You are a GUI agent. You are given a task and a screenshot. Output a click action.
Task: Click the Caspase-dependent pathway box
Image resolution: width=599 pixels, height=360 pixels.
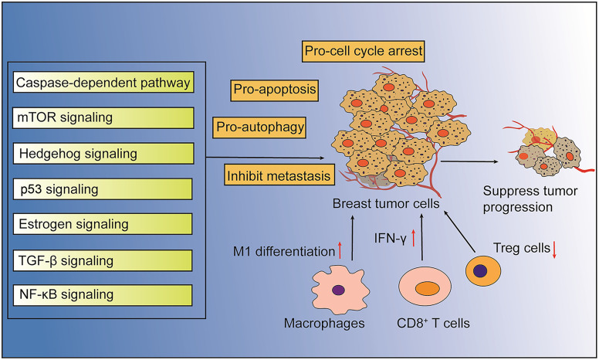click(x=103, y=81)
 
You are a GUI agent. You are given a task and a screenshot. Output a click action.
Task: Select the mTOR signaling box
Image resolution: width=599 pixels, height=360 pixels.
click(x=103, y=117)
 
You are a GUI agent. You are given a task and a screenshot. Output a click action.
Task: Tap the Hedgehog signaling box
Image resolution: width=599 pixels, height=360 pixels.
click(x=103, y=153)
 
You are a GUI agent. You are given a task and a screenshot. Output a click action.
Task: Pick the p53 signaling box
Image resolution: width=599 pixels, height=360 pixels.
click(x=103, y=188)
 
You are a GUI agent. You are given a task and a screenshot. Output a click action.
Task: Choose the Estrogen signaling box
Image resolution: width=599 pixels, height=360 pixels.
click(x=103, y=224)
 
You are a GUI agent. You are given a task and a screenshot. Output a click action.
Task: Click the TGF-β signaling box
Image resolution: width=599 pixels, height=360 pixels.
click(x=103, y=260)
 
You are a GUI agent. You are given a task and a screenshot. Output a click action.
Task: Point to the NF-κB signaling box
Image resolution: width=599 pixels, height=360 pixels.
click(x=103, y=294)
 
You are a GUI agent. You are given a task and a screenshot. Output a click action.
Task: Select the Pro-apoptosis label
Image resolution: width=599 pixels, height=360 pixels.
click(x=274, y=90)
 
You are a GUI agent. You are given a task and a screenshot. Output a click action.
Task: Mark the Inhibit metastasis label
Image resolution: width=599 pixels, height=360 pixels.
click(x=279, y=176)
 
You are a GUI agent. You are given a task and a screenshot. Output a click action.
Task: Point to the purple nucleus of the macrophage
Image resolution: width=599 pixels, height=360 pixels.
click(x=338, y=290)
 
